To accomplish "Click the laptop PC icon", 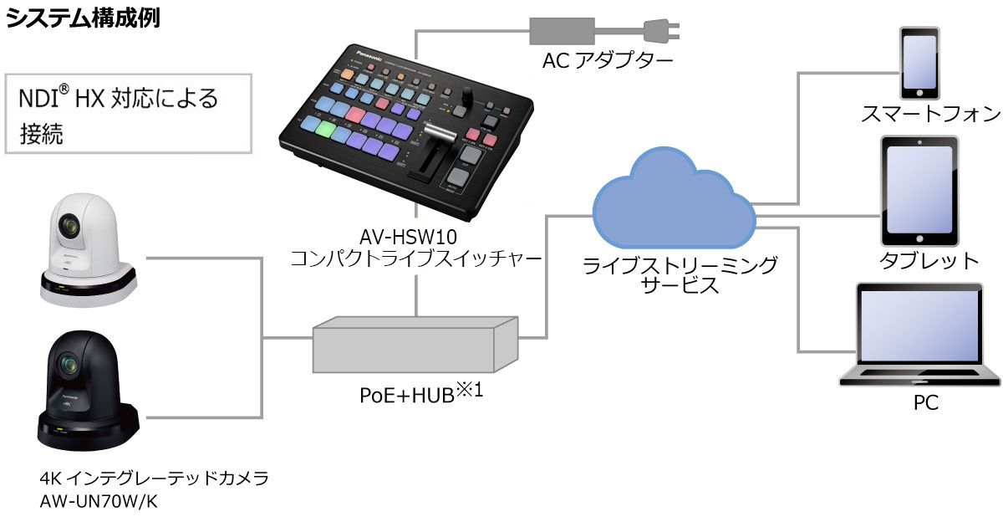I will [x=916, y=335].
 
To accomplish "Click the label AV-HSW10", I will [x=415, y=238].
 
